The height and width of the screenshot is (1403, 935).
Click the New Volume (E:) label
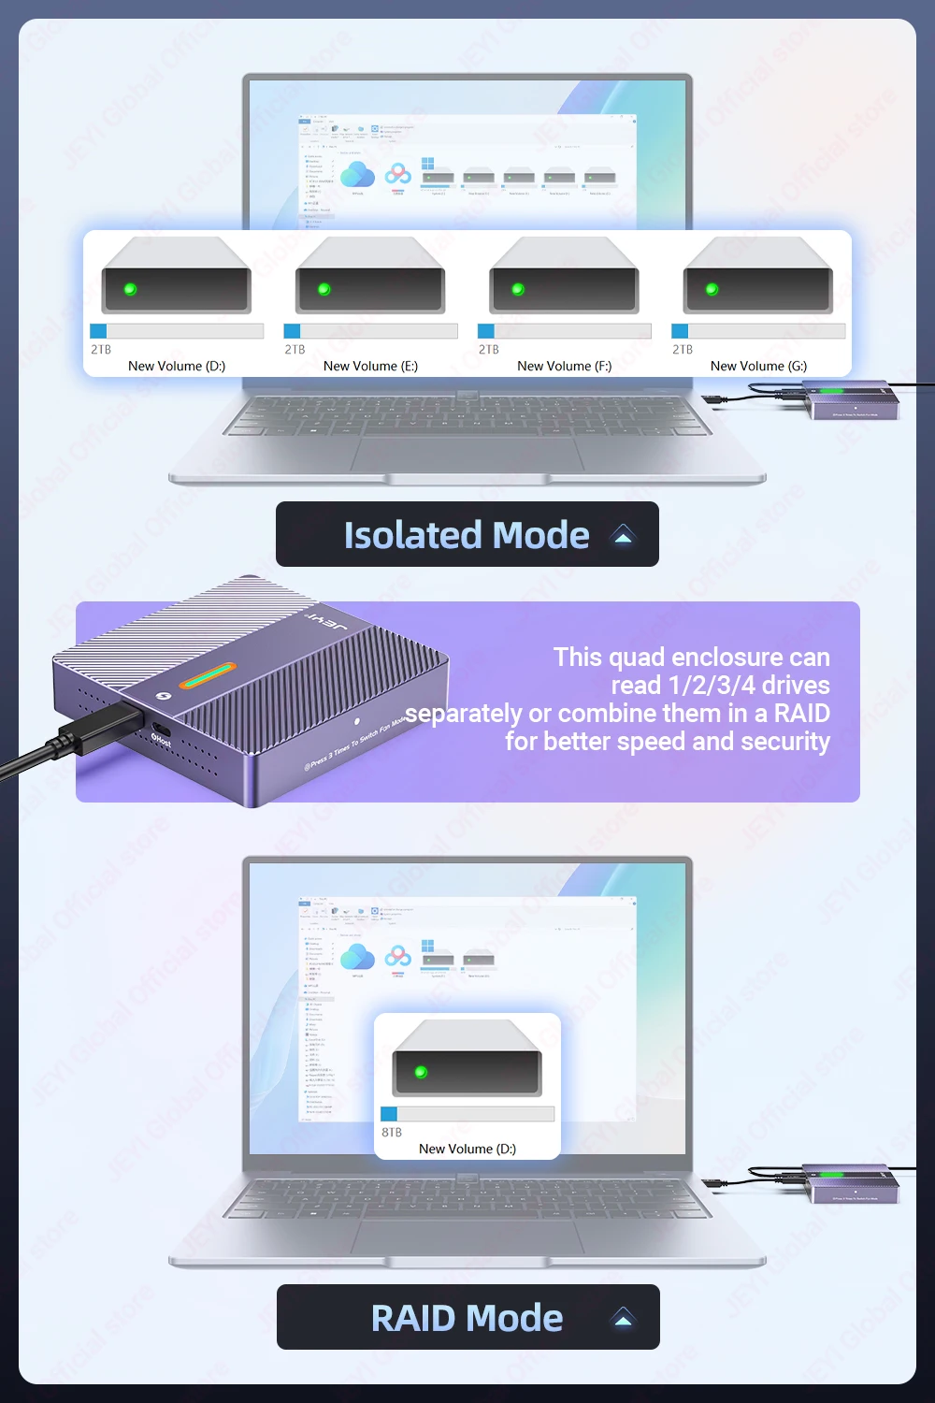(x=370, y=366)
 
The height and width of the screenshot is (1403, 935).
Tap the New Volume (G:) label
(x=758, y=366)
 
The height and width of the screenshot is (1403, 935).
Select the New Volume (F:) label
(x=564, y=366)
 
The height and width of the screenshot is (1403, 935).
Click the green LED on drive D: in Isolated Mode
(x=130, y=289)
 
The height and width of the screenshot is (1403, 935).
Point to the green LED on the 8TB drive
(x=421, y=1072)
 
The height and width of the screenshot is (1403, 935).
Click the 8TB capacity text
(x=392, y=1132)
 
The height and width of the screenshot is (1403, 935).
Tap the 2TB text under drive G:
(x=683, y=349)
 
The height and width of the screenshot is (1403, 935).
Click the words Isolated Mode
(x=467, y=535)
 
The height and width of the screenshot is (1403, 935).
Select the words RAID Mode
(x=467, y=1318)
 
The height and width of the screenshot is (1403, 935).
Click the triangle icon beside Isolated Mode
(x=623, y=535)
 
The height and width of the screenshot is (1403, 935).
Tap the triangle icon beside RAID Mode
(x=623, y=1318)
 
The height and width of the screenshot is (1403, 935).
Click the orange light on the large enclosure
(x=208, y=675)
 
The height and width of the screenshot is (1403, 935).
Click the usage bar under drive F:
(x=564, y=331)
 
